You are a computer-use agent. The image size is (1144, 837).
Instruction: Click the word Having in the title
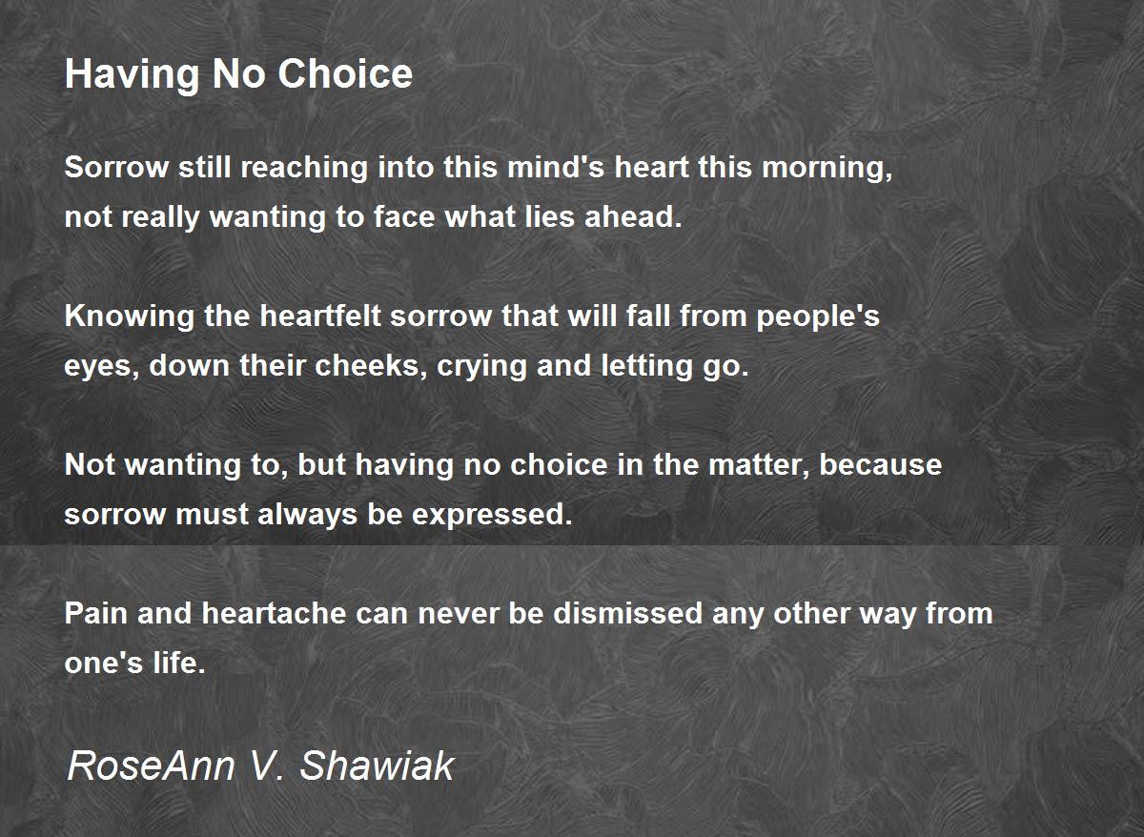tap(132, 75)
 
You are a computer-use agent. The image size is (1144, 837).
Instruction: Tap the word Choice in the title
tap(345, 73)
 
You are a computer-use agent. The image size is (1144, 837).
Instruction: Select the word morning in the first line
tap(827, 168)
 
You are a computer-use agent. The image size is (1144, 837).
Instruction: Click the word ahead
tap(633, 216)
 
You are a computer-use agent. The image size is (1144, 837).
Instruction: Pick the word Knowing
tap(130, 317)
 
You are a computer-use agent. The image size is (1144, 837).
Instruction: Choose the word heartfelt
tap(320, 316)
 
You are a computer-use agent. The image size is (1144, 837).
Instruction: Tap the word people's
tap(818, 317)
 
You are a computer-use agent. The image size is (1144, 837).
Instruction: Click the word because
tap(881, 465)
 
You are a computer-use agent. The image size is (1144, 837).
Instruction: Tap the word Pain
tap(96, 613)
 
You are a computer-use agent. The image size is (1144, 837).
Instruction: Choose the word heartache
tap(275, 613)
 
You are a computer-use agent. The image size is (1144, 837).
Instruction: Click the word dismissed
tap(628, 613)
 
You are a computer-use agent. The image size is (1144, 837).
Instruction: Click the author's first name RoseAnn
tap(152, 766)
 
